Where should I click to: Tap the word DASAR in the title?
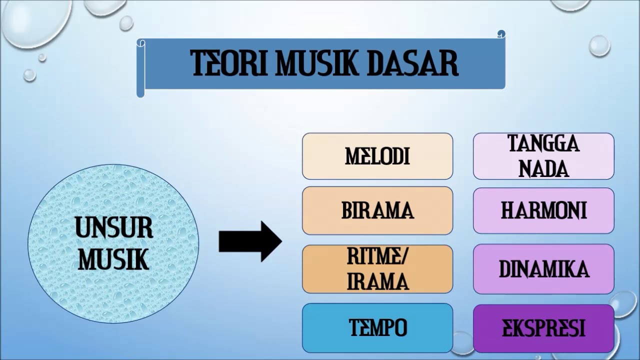click(413, 63)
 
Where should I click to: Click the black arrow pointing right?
click(250, 241)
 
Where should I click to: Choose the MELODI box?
click(377, 156)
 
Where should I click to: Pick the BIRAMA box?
click(377, 210)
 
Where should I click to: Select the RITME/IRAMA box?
click(377, 269)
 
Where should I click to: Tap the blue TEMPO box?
click(377, 328)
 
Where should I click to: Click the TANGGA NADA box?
click(543, 156)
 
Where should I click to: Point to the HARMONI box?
click(543, 210)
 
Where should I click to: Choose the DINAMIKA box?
click(543, 269)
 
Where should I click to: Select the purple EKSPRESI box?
click(543, 328)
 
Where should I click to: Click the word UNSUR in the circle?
click(114, 228)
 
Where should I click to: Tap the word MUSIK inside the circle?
click(114, 259)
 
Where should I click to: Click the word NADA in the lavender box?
click(543, 168)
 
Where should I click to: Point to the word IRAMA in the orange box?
click(377, 281)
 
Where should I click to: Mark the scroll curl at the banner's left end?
click(140, 67)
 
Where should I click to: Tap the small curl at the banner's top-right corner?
click(501, 34)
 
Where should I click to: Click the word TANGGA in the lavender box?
click(543, 144)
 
